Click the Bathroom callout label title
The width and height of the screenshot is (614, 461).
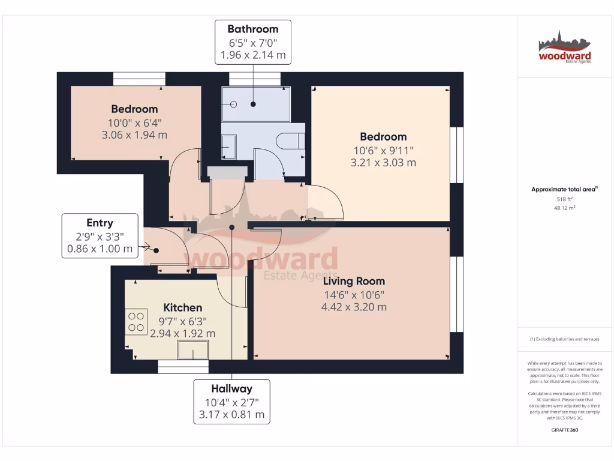pyautogui.click(x=252, y=29)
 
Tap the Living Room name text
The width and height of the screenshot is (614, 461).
pyautogui.click(x=354, y=281)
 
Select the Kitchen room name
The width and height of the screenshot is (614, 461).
pyautogui.click(x=182, y=307)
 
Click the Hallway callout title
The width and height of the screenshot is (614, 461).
pyautogui.click(x=231, y=388)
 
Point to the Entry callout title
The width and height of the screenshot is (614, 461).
pyautogui.click(x=100, y=223)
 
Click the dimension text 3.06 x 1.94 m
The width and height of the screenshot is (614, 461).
pyautogui.click(x=134, y=135)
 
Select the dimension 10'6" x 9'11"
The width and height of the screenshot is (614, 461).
pyautogui.click(x=383, y=150)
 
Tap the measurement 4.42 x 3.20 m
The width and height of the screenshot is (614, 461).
pyautogui.click(x=354, y=307)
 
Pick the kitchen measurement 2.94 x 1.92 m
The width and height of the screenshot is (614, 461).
pyautogui.click(x=182, y=333)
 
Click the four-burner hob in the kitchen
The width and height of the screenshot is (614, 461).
pyautogui.click(x=136, y=321)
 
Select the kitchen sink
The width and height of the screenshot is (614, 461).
pyautogui.click(x=193, y=349)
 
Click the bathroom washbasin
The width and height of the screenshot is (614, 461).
pyautogui.click(x=228, y=146)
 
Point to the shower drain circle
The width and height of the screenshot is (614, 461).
pyautogui.click(x=234, y=104)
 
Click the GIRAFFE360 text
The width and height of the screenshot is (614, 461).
pyautogui.click(x=564, y=430)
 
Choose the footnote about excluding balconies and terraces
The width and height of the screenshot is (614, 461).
pyautogui.click(x=564, y=339)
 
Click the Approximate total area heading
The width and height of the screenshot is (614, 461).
pyautogui.click(x=564, y=189)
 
